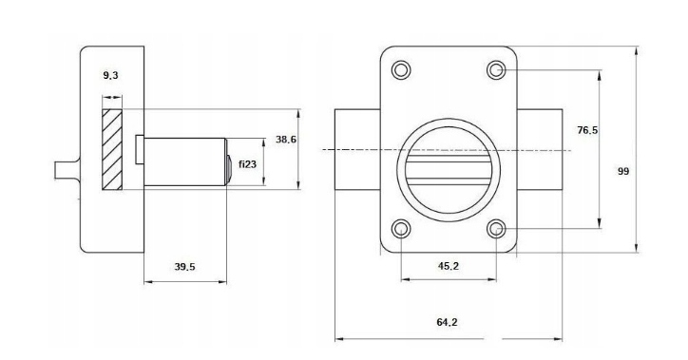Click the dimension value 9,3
pos(110,75)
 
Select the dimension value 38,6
pos(286,140)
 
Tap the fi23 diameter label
pos(247,164)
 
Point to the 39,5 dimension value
pos(184,267)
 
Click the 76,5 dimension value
pos(587,130)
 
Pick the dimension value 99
pos(623,171)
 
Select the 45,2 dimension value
pos(448,266)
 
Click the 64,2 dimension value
pos(447,322)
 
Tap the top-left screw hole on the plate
pos(401,70)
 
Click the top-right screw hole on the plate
pos(496,70)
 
